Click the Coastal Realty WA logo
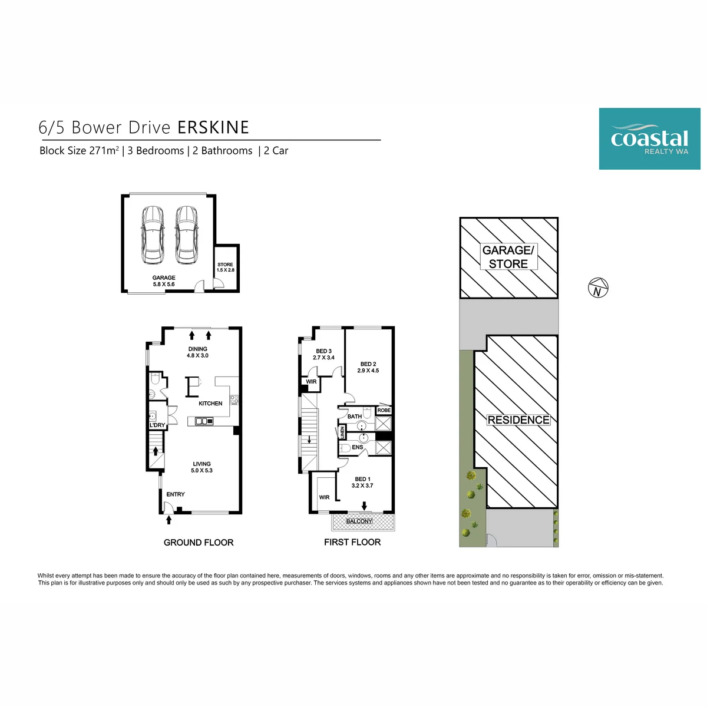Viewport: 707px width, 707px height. coord(649,138)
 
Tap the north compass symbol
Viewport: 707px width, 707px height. coord(598,288)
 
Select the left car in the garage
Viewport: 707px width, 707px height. coord(153,235)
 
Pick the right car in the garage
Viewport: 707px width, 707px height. coord(186,235)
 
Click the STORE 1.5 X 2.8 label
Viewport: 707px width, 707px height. coord(225,267)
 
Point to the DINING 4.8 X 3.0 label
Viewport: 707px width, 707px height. coord(197,352)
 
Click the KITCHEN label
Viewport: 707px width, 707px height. coord(210,404)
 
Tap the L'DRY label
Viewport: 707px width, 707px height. coord(157,425)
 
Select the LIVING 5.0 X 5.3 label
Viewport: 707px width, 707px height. coord(201,467)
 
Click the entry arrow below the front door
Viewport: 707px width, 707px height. coord(169,520)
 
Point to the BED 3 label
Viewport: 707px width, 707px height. coord(323,351)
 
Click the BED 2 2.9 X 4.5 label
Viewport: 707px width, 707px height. coord(368,367)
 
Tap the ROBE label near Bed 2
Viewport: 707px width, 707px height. coord(384,410)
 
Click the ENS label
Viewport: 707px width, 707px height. coord(358,447)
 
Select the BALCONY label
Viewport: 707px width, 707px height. coord(359,521)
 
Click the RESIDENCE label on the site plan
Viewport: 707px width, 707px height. coord(518,420)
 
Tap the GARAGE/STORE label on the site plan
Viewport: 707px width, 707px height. coord(508,257)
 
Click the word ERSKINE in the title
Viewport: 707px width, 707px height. coord(213,128)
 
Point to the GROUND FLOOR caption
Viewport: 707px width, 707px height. coord(199,543)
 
